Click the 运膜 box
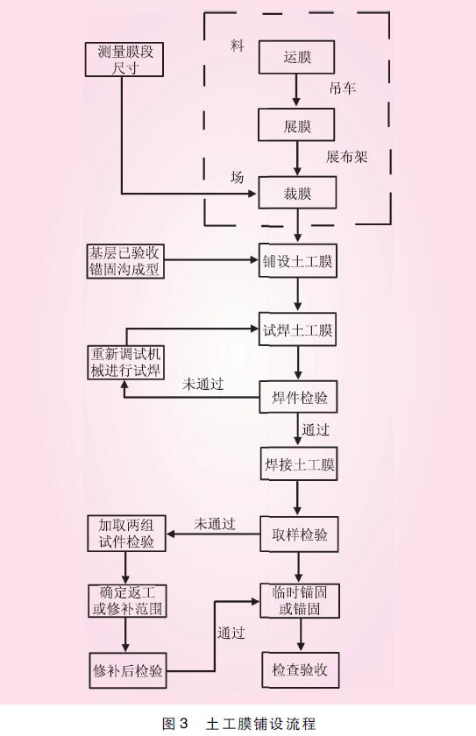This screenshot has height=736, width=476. pos(296,57)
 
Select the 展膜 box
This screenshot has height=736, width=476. pos(296,124)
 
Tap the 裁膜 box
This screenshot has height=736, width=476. pos(298,193)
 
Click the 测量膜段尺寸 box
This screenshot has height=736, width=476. pos(124,60)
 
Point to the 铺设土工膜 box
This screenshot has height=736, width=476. pos(298,260)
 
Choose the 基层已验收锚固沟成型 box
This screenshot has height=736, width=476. pos(125,261)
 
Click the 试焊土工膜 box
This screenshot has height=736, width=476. pos(298,329)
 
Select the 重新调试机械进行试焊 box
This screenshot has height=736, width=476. pos(126,363)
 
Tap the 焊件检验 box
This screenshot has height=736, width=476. pos(299,397)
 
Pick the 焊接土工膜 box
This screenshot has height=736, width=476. pos(299,464)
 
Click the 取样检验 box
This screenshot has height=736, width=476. pos(300,534)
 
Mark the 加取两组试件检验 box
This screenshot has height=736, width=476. pos(126,534)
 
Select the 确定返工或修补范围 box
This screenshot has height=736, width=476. pos(127,601)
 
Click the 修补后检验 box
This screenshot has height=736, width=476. pos(128,670)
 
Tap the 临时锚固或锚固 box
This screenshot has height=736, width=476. pos(300,601)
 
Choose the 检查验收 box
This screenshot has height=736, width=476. pos(300,669)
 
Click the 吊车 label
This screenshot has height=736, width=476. pos(342,88)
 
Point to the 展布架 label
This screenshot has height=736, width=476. pos(346,156)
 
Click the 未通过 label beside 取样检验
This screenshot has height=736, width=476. pos(214,524)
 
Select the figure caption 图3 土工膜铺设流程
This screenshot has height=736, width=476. pos(238,724)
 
